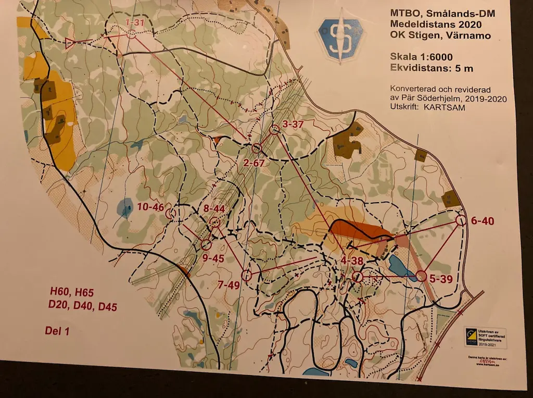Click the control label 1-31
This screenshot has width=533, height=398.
tap(135, 22)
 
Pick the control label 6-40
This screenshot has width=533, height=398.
tap(482, 221)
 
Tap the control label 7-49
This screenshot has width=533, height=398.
tap(229, 284)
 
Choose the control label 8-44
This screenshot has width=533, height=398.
tap(214, 208)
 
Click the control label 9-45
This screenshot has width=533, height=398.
tap(213, 258)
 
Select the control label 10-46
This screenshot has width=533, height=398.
tap(151, 207)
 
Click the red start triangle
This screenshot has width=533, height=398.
tap(71, 43)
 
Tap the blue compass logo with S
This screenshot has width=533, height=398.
tap(341, 39)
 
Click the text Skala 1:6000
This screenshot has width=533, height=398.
tap(422, 57)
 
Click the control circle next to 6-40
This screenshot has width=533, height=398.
tap(461, 220)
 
